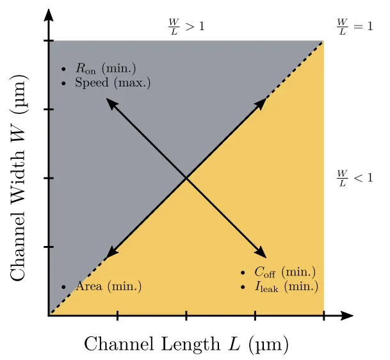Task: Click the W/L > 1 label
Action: pos(186,26)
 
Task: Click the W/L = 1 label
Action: pos(355,26)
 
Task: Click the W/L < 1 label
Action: pos(355,177)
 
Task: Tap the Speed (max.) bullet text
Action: pos(113,83)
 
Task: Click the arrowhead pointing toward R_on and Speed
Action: pos(110,103)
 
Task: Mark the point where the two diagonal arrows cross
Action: pos(186,178)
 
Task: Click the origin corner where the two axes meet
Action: pos(49,315)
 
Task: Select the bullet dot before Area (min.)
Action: pos(63,287)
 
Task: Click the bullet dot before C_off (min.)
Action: pos(243,273)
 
